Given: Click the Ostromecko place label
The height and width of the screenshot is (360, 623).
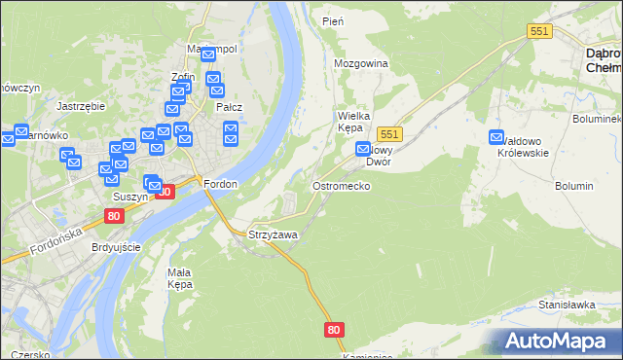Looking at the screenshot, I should tap(340, 185).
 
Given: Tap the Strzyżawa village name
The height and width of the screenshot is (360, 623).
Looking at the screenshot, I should tap(273, 235).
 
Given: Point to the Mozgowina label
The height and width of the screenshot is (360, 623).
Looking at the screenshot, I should tap(361, 63).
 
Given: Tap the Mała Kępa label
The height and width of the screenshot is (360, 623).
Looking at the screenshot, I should tap(185, 278).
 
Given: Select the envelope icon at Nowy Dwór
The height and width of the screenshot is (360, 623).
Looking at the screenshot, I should tap(363, 150).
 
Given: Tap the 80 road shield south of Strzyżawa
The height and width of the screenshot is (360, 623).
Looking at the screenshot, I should tap(335, 330).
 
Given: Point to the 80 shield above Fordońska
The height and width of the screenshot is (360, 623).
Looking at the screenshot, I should tap(115, 216).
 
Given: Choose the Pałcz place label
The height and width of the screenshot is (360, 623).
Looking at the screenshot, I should tap(229, 107).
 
